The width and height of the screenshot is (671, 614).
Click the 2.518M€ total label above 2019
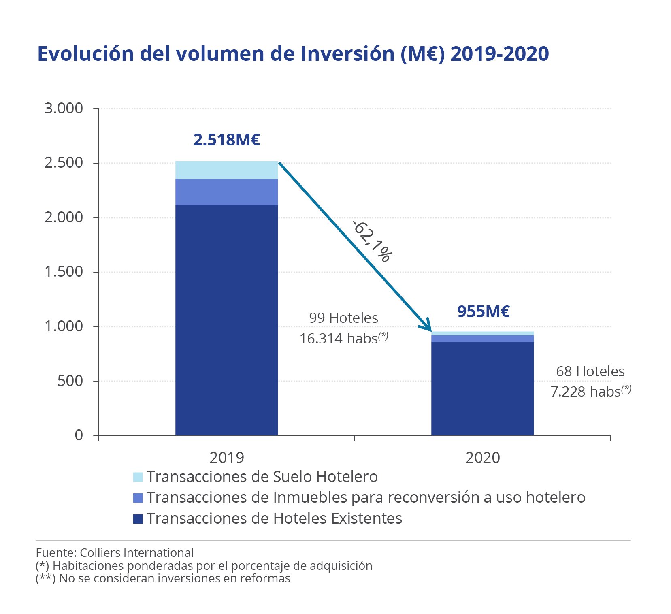tap(226, 140)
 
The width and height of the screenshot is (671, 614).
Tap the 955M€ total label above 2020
tap(483, 311)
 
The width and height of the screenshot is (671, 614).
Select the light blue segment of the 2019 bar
tap(226, 170)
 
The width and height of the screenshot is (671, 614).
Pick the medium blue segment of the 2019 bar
tap(226, 192)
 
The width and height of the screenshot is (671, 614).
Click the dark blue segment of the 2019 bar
tap(226, 320)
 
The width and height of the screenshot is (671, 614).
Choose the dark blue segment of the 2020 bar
tap(482, 389)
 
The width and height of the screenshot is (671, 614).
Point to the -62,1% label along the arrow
tap(372, 241)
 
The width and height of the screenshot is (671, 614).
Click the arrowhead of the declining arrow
tap(427, 327)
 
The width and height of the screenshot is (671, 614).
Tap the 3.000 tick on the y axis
tap(64, 109)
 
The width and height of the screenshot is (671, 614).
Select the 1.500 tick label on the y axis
tap(64, 272)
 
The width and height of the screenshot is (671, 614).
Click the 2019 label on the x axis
tap(226, 458)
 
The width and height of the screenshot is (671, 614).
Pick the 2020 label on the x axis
tap(482, 458)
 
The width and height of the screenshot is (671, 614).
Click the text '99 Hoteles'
tap(343, 318)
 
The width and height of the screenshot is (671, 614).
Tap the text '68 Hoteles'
tap(590, 371)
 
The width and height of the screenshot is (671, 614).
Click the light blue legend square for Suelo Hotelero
tap(138, 477)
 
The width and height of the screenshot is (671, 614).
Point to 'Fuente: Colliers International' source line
tap(115, 553)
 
